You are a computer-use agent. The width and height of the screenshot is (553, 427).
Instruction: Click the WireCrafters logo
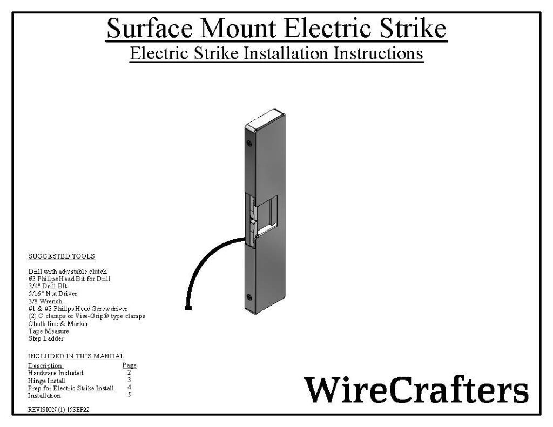click(416, 389)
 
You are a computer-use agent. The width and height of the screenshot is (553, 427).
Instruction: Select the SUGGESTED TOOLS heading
click(61, 256)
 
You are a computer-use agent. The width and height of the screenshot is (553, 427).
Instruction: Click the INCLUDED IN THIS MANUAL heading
click(76, 356)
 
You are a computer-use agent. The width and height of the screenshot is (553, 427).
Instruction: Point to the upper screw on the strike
click(249, 144)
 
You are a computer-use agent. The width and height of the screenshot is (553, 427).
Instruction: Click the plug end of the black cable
click(188, 308)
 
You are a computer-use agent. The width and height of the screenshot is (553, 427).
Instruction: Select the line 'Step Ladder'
click(46, 338)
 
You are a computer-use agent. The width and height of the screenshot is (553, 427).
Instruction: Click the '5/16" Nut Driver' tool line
click(52, 293)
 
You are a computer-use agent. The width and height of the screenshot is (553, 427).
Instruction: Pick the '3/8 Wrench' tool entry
click(45, 301)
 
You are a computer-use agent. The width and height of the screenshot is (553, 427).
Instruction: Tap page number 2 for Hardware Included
click(129, 372)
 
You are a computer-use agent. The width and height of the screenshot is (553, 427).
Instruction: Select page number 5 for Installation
click(129, 395)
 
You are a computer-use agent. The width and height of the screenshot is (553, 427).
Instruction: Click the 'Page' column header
click(129, 365)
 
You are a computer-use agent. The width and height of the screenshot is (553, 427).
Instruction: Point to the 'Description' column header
click(45, 365)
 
